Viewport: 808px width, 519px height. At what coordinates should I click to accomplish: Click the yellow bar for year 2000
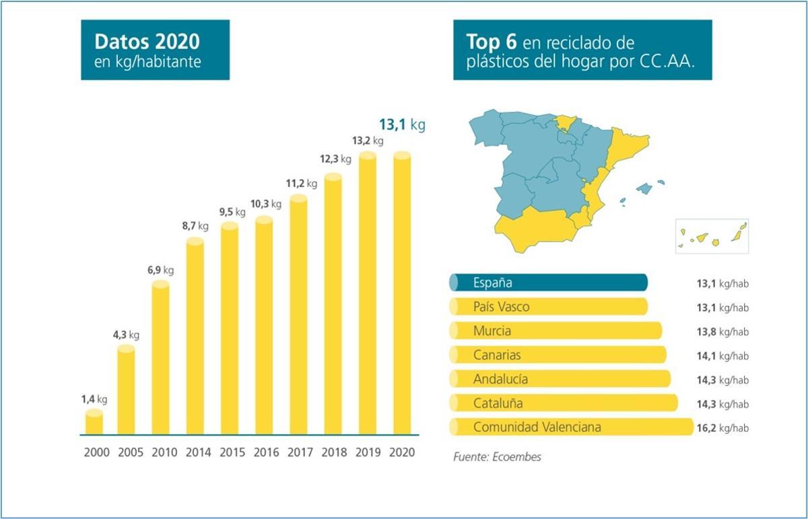(x=94, y=422)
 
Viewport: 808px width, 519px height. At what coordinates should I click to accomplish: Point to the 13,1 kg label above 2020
(x=402, y=125)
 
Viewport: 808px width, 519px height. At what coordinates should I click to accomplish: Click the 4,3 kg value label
(x=126, y=335)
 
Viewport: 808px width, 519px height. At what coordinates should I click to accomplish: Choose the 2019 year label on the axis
(x=367, y=452)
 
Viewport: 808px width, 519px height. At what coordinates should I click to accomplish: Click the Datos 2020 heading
(x=147, y=42)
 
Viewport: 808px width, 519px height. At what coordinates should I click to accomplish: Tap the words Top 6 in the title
(x=492, y=42)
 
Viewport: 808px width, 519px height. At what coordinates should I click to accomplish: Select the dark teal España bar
(x=548, y=283)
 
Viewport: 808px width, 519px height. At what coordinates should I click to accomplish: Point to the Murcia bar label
(x=492, y=331)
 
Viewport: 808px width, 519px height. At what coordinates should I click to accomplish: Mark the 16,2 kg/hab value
(x=722, y=428)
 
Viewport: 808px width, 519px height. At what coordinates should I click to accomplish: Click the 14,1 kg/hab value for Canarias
(x=722, y=355)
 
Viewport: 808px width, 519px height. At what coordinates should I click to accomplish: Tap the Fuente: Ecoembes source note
(x=497, y=457)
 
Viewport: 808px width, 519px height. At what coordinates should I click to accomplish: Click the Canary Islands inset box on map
(x=712, y=236)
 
